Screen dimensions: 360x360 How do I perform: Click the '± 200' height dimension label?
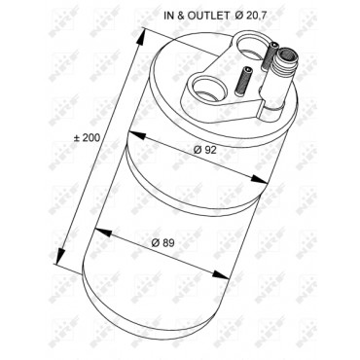pos(86,138)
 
